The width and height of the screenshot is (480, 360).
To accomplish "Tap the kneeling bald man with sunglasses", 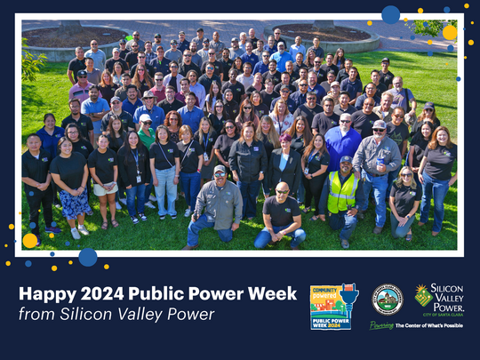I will tap(281, 215).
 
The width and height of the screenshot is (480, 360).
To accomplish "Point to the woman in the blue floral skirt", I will tap(72, 187).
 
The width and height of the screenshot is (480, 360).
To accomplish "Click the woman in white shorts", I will tap(106, 178).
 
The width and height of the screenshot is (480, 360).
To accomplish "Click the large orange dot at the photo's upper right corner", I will tap(450, 33).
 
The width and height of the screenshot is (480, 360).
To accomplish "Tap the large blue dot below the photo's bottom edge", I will tap(87, 257).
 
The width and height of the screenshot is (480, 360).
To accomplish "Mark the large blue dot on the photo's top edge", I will tap(390, 14).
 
